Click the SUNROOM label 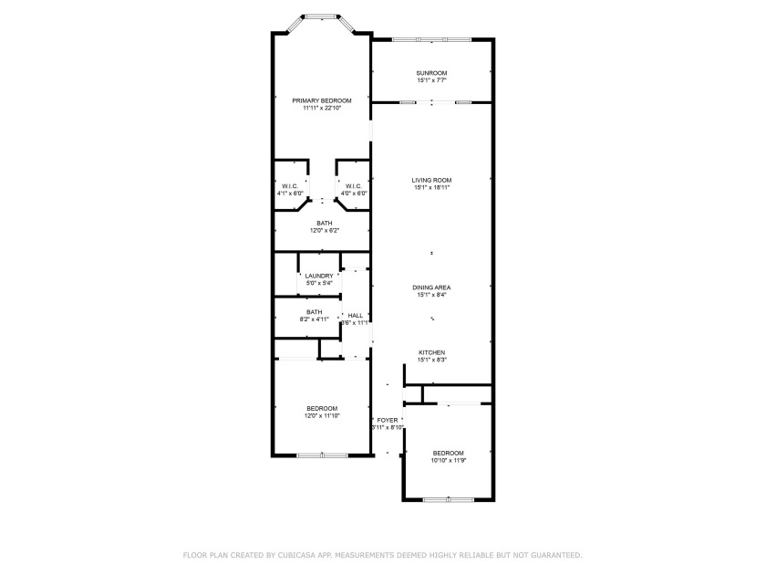(x=431, y=73)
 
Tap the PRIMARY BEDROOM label (x=321, y=100)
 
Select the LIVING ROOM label (x=431, y=181)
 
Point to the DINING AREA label (x=431, y=287)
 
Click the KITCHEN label (x=431, y=352)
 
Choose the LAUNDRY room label (x=319, y=276)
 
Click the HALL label (x=355, y=316)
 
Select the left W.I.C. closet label (x=290, y=186)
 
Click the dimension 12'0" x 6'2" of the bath (x=324, y=231)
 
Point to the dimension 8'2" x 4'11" (x=314, y=319)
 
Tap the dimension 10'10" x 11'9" (x=448, y=461)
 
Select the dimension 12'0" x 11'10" (x=321, y=415)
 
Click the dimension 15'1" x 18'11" (x=431, y=188)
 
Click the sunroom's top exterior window (x=431, y=39)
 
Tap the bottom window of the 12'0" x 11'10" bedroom (x=321, y=455)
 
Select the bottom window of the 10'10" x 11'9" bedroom (x=448, y=499)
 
